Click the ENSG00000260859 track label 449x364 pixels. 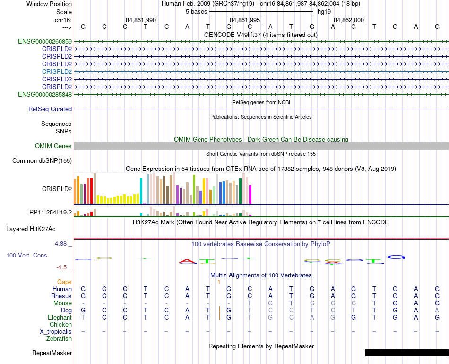pyautogui.click(x=45, y=42)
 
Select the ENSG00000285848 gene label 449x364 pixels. pyautogui.click(x=45, y=95)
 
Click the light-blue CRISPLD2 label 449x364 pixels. pyautogui.click(x=57, y=71)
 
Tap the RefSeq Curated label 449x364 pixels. pyautogui.click(x=50, y=109)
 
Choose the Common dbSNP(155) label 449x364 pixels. pyautogui.click(x=42, y=161)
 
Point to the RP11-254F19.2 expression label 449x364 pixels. pyautogui.click(x=51, y=212)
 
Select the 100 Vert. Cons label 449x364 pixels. pyautogui.click(x=26, y=255)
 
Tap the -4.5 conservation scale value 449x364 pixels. pyautogui.click(x=62, y=267)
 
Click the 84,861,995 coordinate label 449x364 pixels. pyautogui.click(x=245, y=20)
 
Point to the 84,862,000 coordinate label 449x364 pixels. pyautogui.click(x=349, y=20)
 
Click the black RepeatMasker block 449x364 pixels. pyautogui.click(x=406, y=353)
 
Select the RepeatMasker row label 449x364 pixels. pyautogui.click(x=52, y=353)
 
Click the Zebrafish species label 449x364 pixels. pyautogui.click(x=59, y=339)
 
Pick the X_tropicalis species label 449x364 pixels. pyautogui.click(x=56, y=332)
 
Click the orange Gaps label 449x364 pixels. pyautogui.click(x=64, y=282)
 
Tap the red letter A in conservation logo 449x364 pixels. pyautogui.click(x=188, y=261)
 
